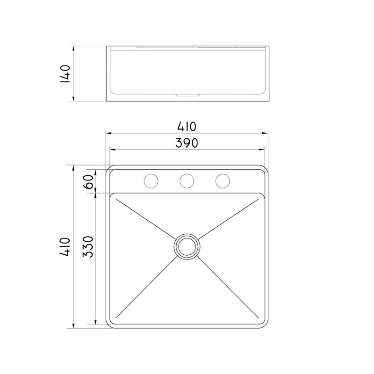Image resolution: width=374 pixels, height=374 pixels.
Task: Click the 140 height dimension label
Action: pyautogui.click(x=65, y=73)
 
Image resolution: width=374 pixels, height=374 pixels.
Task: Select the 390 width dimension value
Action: pyautogui.click(x=187, y=143)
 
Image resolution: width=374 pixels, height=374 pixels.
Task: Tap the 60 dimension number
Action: pyautogui.click(x=89, y=180)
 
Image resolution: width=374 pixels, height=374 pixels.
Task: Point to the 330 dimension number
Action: pyautogui.click(x=89, y=247)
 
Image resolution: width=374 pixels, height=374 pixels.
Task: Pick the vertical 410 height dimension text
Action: pyautogui.click(x=65, y=246)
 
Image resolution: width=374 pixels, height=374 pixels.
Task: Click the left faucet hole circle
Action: pyautogui.click(x=151, y=180)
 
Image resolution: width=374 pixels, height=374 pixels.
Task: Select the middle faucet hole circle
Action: pyautogui.click(x=187, y=180)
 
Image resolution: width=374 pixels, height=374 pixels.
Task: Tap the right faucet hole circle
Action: pyautogui.click(x=223, y=180)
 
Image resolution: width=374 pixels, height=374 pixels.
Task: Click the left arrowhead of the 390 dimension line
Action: pyautogui.click(x=111, y=150)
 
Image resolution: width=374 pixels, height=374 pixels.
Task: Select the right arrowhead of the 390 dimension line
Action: pyautogui.click(x=263, y=150)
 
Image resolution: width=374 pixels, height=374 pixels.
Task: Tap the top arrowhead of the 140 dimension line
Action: pyautogui.click(x=74, y=48)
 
